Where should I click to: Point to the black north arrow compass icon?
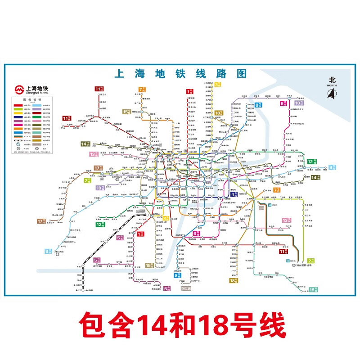click(332, 93)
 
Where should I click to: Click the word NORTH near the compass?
click(332, 85)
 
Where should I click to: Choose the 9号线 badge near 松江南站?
click(48, 251)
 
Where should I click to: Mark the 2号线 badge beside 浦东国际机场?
click(310, 261)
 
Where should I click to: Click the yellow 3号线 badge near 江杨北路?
click(218, 84)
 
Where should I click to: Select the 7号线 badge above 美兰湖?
click(142, 89)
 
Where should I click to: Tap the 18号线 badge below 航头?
click(233, 280)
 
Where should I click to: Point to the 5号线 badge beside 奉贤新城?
click(167, 288)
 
